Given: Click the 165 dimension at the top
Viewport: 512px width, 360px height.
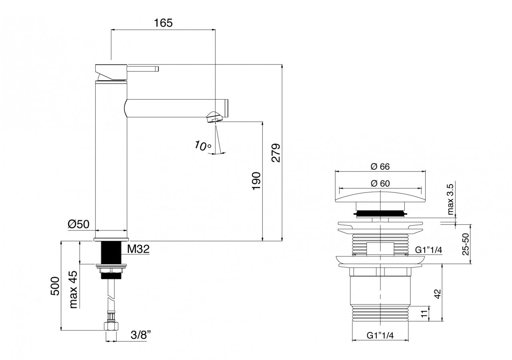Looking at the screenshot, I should pyautogui.click(x=163, y=23).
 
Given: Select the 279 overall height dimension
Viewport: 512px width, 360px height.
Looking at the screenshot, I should pyautogui.click(x=276, y=152).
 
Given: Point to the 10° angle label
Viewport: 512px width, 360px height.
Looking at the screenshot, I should pyautogui.click(x=203, y=146).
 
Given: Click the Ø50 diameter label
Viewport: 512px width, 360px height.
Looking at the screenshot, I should pyautogui.click(x=78, y=225).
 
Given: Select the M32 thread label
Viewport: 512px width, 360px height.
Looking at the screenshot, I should pyautogui.click(x=138, y=250).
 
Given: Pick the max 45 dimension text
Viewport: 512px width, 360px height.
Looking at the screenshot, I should pyautogui.click(x=73, y=288).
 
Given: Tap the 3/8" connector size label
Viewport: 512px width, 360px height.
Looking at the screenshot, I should pyautogui.click(x=140, y=335).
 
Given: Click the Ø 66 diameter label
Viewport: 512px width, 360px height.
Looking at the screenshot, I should pyautogui.click(x=380, y=166).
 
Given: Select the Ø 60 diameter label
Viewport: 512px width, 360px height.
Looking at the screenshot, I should pyautogui.click(x=380, y=183).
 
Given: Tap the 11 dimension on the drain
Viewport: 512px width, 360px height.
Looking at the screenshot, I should pyautogui.click(x=424, y=314).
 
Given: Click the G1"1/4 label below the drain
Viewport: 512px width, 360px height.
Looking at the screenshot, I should pyautogui.click(x=380, y=336).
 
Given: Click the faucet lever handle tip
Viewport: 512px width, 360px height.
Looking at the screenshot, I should pyautogui.click(x=157, y=69).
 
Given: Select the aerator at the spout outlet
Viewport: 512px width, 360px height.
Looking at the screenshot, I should pyautogui.click(x=214, y=118).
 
